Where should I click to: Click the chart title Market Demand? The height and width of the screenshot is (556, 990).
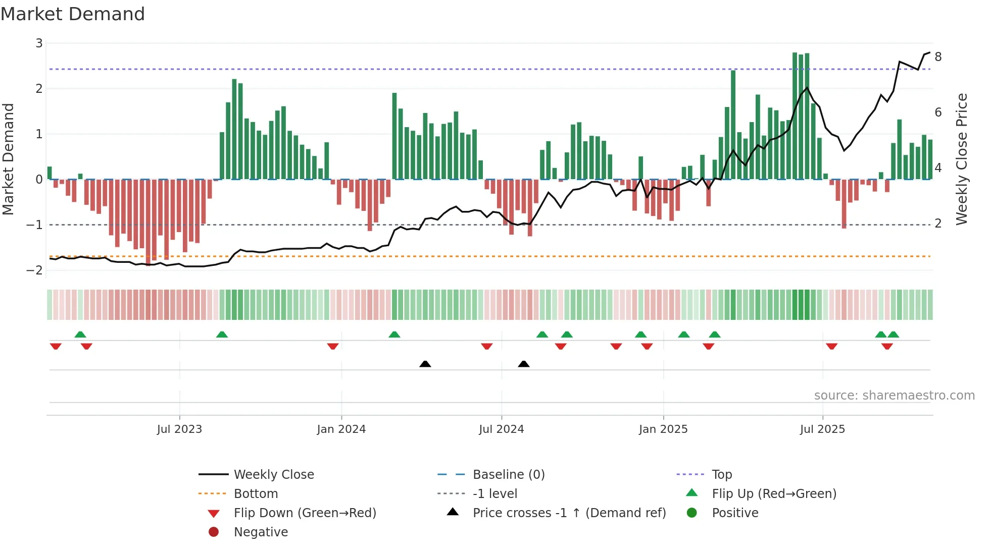pyautogui.click(x=73, y=14)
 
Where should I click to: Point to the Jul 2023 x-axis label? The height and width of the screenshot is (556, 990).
pyautogui.click(x=179, y=429)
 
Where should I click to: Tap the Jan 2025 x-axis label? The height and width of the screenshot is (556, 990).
pyautogui.click(x=663, y=429)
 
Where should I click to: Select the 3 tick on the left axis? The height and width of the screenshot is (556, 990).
pyautogui.click(x=39, y=43)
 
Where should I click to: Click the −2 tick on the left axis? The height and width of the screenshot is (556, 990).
pyautogui.click(x=35, y=270)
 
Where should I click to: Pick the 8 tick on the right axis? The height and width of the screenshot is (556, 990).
pyautogui.click(x=938, y=57)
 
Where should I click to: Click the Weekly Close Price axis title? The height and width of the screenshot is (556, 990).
pyautogui.click(x=962, y=159)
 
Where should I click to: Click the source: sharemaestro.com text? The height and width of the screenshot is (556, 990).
pyautogui.click(x=894, y=396)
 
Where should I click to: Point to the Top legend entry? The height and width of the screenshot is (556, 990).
pyautogui.click(x=721, y=475)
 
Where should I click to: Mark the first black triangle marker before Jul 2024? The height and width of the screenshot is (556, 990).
pyautogui.click(x=425, y=364)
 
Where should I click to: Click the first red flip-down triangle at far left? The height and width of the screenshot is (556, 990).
pyautogui.click(x=56, y=346)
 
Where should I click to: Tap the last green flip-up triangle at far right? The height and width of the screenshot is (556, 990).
pyautogui.click(x=893, y=335)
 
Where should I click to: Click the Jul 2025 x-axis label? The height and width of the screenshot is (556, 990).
pyautogui.click(x=822, y=429)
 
